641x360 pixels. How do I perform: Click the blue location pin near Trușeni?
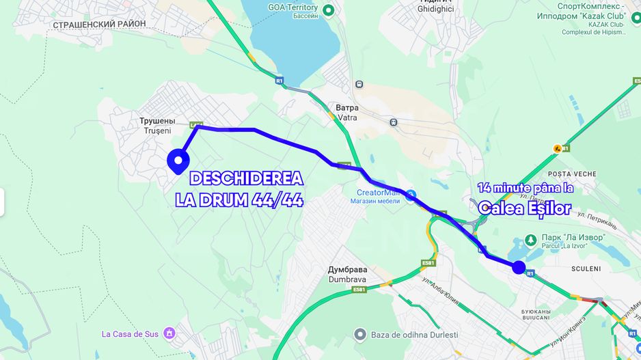(x=178, y=161)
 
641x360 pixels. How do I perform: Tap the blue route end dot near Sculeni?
(x=519, y=267)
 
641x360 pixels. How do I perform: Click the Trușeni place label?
(x=154, y=125)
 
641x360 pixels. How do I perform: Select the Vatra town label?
(x=346, y=113)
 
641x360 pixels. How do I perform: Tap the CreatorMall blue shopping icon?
(x=410, y=195)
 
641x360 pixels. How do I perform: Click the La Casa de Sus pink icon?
(x=169, y=333)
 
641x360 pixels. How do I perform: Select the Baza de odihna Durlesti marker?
(x=359, y=334)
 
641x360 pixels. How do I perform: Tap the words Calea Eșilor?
(x=524, y=208)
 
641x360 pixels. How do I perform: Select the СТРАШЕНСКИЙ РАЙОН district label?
(x=98, y=24)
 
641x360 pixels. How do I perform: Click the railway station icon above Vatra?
(x=359, y=84)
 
